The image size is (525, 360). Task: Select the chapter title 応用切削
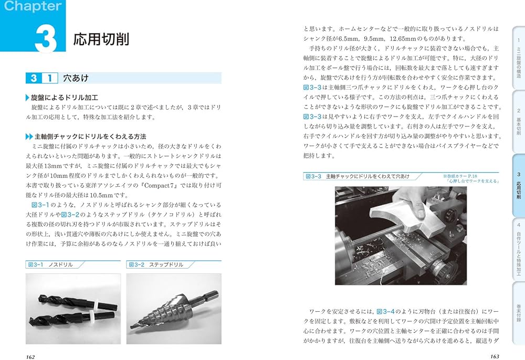pos(101,39)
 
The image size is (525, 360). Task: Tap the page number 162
pos(30,356)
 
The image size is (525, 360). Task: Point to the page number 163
pos(494,356)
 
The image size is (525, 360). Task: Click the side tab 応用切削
pos(519,186)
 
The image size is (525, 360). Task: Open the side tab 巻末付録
pos(519,312)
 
